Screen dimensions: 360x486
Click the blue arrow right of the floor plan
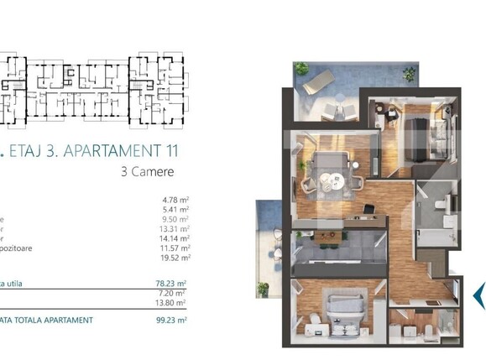[x=478, y=294]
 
